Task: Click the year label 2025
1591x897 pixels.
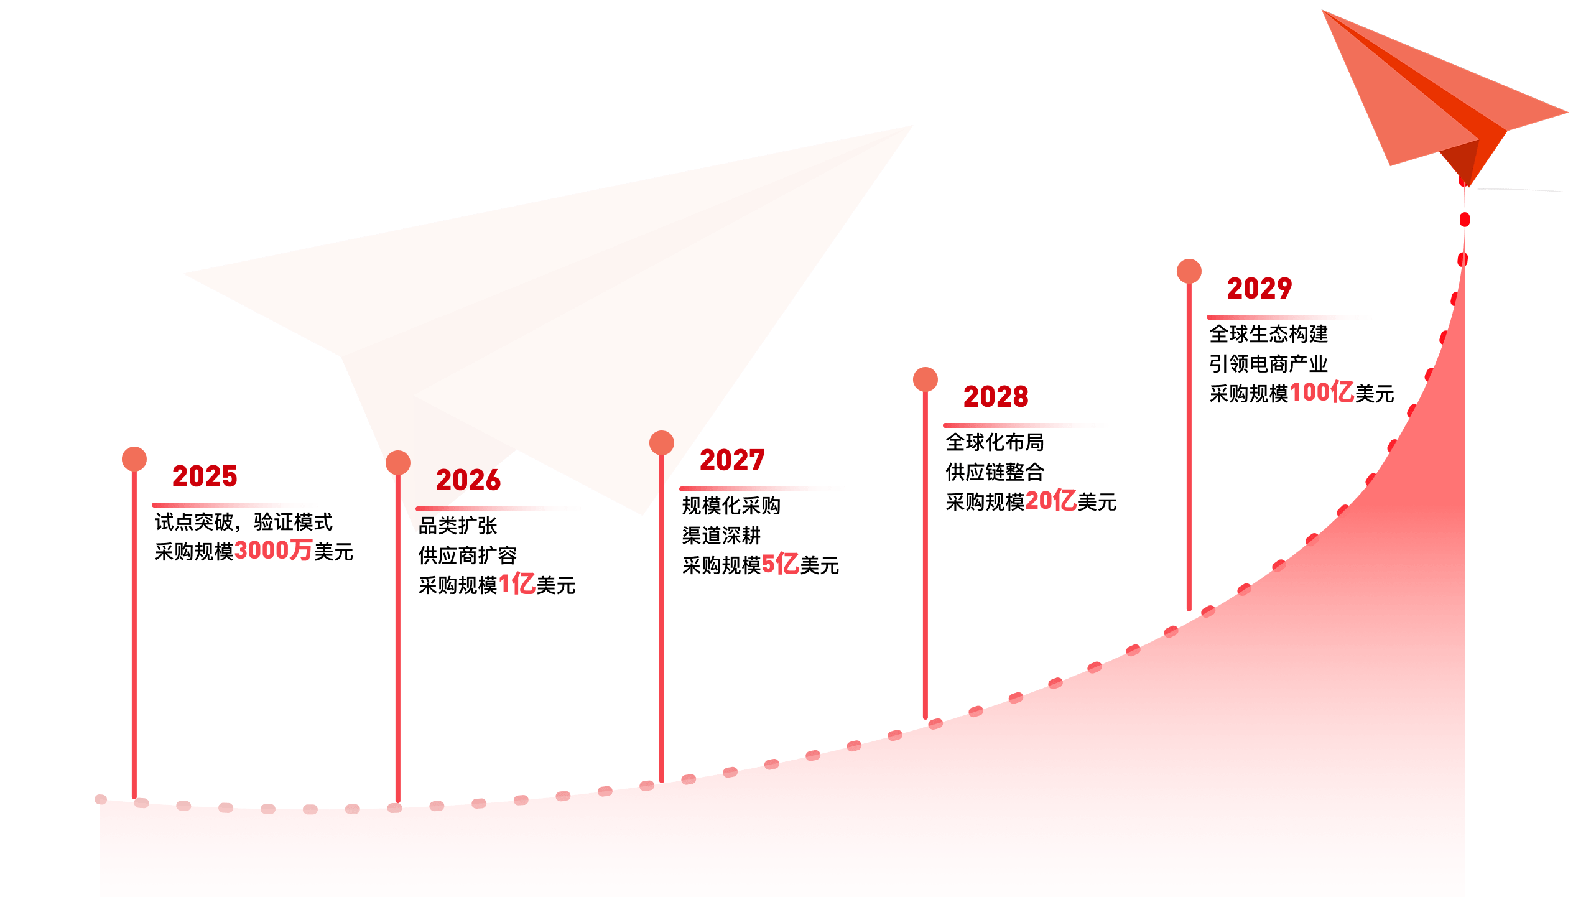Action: tap(205, 476)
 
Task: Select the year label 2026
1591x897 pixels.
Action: tap(468, 480)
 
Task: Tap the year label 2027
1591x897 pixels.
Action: tap(732, 460)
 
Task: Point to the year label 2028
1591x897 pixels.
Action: tap(996, 397)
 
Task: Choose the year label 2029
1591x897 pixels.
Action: tap(1259, 289)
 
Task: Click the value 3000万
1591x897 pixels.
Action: tap(273, 550)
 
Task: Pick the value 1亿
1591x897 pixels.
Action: tap(517, 583)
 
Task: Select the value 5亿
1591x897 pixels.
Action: tap(780, 564)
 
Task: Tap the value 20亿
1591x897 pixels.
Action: tap(1051, 500)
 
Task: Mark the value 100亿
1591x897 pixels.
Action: tap(1322, 392)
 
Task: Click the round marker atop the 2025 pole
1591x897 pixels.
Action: tap(134, 459)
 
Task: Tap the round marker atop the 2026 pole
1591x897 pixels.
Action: tap(398, 463)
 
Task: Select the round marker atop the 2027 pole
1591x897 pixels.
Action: tap(662, 443)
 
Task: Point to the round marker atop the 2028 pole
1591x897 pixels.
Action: tap(925, 379)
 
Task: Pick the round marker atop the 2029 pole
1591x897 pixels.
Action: tap(1189, 271)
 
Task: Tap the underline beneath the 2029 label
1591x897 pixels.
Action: tap(1289, 317)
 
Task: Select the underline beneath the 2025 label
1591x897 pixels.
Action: tap(234, 505)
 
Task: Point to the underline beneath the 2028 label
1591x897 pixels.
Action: tap(1026, 425)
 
